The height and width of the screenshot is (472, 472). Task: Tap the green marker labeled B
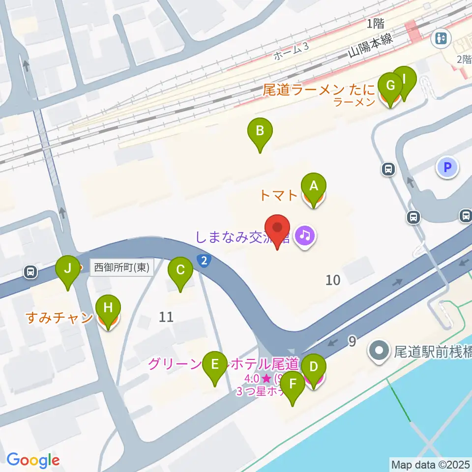pyautogui.click(x=260, y=132)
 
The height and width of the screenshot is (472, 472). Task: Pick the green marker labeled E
pyautogui.click(x=215, y=365)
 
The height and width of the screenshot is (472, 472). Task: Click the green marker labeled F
pyautogui.click(x=293, y=384)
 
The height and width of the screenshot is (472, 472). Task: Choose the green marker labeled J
pyautogui.click(x=67, y=268)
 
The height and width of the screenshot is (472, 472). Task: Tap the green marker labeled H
pyautogui.click(x=108, y=308)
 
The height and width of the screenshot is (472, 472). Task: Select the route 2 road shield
pyautogui.click(x=204, y=261)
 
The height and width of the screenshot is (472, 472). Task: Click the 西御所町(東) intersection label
pyautogui.click(x=121, y=268)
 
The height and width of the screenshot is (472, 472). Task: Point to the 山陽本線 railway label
pyautogui.click(x=371, y=46)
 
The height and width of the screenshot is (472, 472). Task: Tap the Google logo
pyautogui.click(x=33, y=461)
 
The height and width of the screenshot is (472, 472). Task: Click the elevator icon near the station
pyautogui.click(x=441, y=38)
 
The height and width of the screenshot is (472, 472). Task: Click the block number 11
pyautogui.click(x=166, y=317)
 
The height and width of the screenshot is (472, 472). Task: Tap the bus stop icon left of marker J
pyautogui.click(x=31, y=271)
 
